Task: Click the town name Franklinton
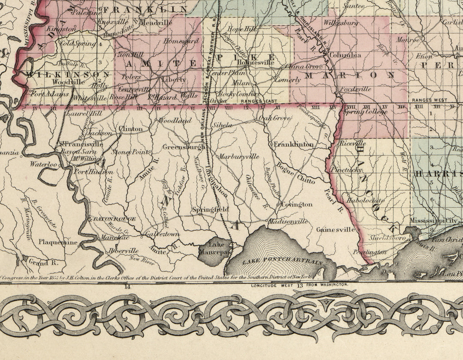tap(294, 144)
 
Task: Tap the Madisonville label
tap(288, 222)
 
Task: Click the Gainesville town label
tap(336, 230)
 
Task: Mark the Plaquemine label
tap(58, 242)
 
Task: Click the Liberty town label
tap(173, 80)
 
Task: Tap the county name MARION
tap(349, 75)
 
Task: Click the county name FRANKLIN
tap(145, 9)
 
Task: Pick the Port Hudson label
tap(90, 172)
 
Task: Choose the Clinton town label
tap(131, 129)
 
